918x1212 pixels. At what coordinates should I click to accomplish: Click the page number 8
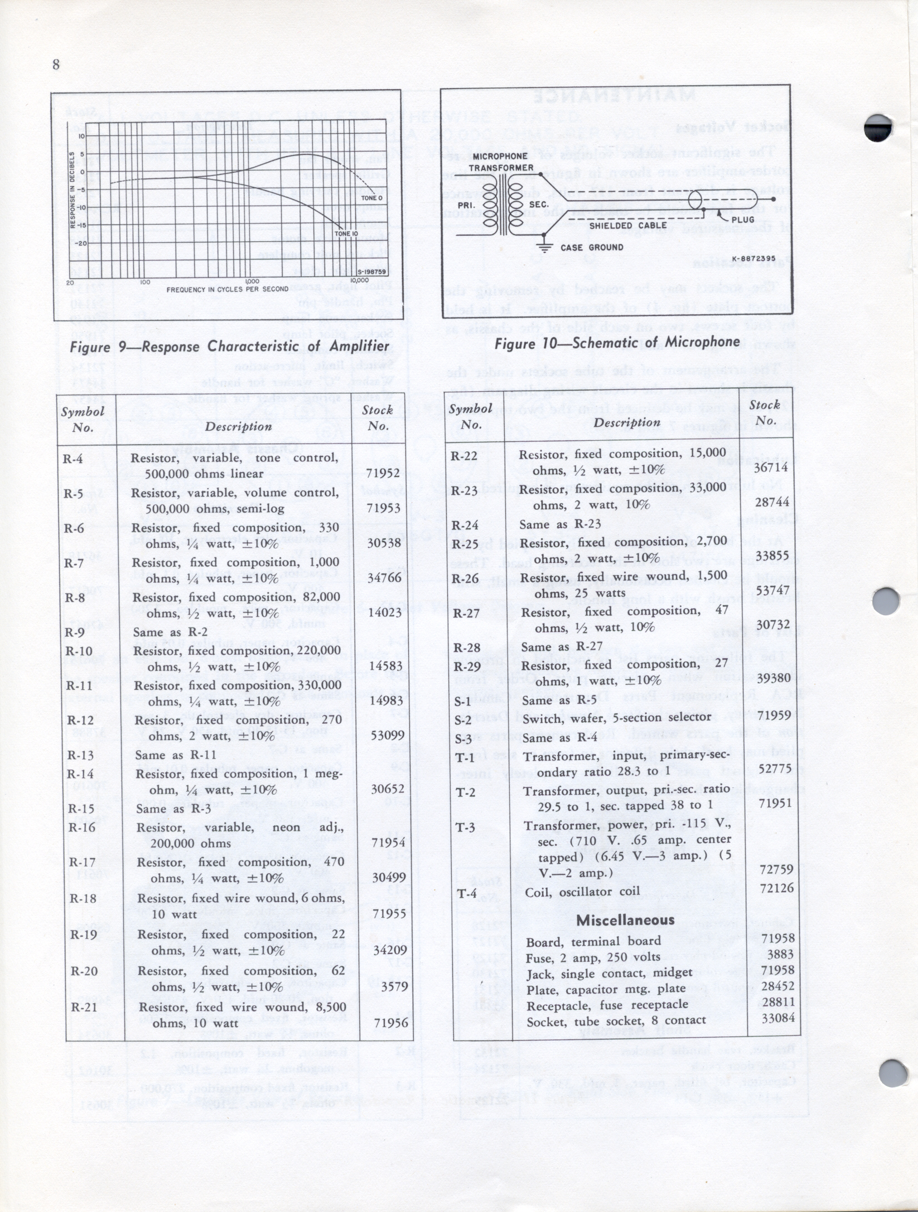(x=56, y=65)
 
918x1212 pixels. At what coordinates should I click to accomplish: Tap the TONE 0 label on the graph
(x=372, y=198)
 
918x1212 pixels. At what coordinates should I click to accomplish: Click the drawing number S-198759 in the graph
(x=371, y=272)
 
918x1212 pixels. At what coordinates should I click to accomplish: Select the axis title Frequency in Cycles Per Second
(x=228, y=289)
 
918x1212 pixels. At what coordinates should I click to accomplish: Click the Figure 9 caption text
(x=229, y=347)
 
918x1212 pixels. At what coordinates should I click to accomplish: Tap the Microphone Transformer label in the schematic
(x=501, y=162)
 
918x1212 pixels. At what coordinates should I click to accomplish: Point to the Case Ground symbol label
(x=592, y=247)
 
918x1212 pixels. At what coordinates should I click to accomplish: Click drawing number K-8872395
(x=754, y=258)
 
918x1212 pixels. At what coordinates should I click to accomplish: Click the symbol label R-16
(x=82, y=827)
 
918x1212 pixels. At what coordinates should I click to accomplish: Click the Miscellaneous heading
(x=625, y=920)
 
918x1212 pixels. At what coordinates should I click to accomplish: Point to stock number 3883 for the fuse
(x=780, y=955)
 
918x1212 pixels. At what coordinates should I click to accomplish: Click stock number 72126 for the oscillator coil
(x=777, y=888)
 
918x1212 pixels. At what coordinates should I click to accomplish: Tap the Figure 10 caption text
(x=617, y=343)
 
